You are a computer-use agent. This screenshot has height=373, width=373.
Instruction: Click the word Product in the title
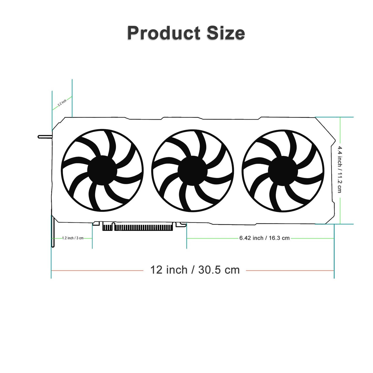(x=164, y=33)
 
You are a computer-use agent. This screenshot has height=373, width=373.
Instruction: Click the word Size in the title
(x=226, y=33)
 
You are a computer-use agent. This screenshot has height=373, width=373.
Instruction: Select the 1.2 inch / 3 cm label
(x=73, y=238)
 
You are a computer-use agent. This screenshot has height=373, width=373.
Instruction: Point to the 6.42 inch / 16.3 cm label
(x=264, y=238)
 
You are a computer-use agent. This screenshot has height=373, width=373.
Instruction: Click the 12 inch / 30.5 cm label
(x=195, y=270)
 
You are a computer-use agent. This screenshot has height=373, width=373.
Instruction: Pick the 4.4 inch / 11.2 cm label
(x=340, y=170)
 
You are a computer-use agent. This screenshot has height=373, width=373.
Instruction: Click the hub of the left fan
(x=102, y=170)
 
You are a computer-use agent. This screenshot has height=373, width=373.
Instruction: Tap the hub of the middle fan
(x=192, y=171)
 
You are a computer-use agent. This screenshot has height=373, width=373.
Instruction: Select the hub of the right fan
(x=283, y=171)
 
